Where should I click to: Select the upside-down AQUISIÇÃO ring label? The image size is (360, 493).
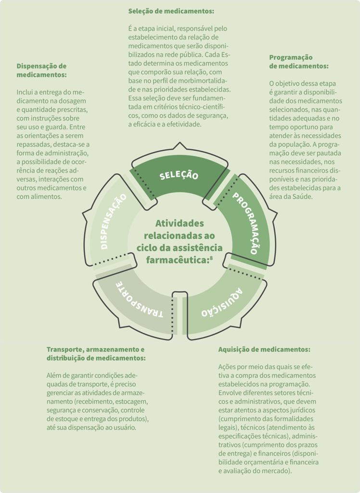click(222, 303)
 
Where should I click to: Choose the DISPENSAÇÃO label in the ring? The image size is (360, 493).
click(113, 221)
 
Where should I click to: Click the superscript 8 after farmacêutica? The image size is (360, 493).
click(211, 258)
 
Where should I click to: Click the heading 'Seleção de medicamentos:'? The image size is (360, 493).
click(171, 12)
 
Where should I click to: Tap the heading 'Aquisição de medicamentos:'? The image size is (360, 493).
click(264, 350)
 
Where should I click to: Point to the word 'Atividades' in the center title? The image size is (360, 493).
click(180, 223)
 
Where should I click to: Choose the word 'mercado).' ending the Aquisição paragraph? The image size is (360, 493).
click(278, 471)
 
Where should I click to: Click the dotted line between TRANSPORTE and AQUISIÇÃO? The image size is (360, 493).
click(172, 315)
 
